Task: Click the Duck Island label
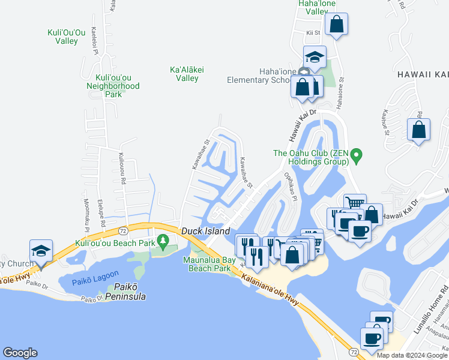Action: coord(206,231)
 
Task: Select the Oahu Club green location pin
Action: coord(356,157)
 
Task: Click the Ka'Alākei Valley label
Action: coord(187,74)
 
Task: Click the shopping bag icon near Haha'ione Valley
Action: coord(337,25)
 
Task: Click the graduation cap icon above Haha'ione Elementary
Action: coord(315,58)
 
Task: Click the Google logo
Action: coord(20,353)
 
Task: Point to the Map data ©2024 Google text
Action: coord(412,355)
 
